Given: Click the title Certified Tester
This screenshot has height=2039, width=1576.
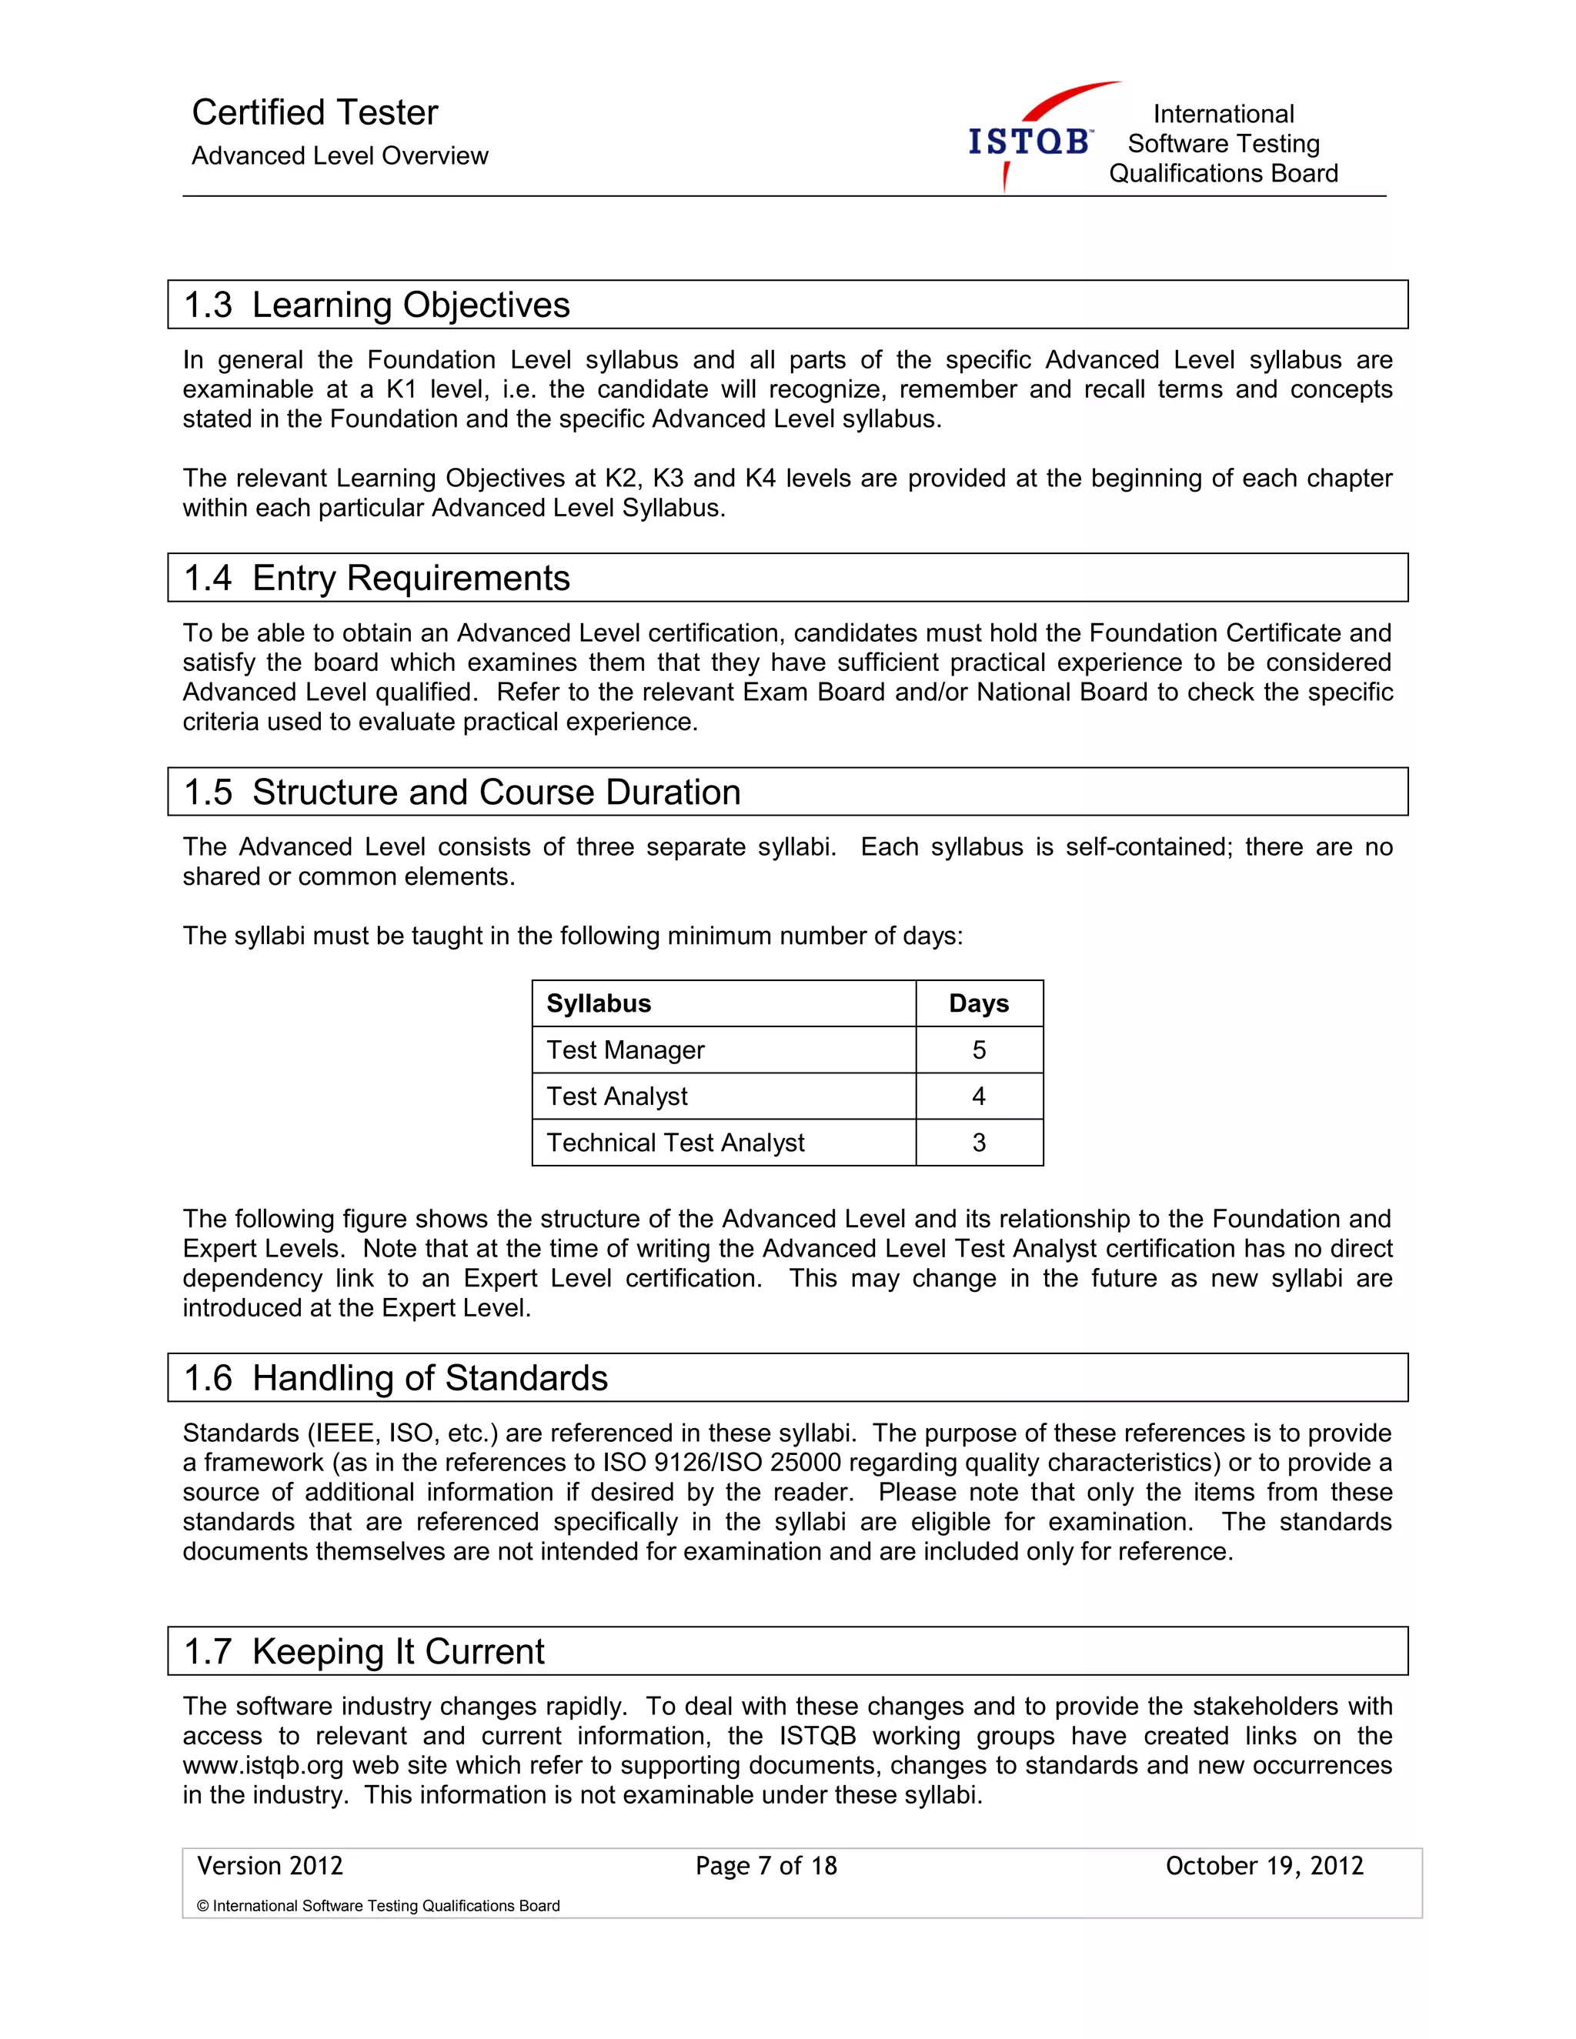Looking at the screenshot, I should (x=315, y=112).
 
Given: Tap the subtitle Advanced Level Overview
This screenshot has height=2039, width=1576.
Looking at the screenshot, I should (x=340, y=156).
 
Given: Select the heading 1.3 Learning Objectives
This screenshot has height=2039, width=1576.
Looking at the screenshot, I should (x=376, y=305).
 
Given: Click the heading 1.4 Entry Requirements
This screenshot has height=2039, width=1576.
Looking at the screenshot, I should (x=376, y=578).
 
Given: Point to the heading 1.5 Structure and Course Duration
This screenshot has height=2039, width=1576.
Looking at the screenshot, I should (x=462, y=792).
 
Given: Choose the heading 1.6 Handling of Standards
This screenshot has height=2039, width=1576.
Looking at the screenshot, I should (x=396, y=1378).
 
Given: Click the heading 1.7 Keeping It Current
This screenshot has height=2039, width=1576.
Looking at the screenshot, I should (x=364, y=1651).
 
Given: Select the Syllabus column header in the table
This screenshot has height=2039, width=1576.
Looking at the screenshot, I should (x=599, y=1003).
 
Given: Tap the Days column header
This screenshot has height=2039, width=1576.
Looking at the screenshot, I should (x=979, y=1003).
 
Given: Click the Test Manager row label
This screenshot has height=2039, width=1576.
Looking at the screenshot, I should (x=625, y=1050).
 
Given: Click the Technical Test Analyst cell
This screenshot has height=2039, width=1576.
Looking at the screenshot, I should (x=675, y=1143).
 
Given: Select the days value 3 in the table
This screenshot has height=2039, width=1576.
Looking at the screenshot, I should (x=979, y=1143).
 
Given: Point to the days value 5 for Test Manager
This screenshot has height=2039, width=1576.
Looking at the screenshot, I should (x=979, y=1050).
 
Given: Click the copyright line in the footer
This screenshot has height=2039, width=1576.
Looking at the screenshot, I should (x=378, y=1905).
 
